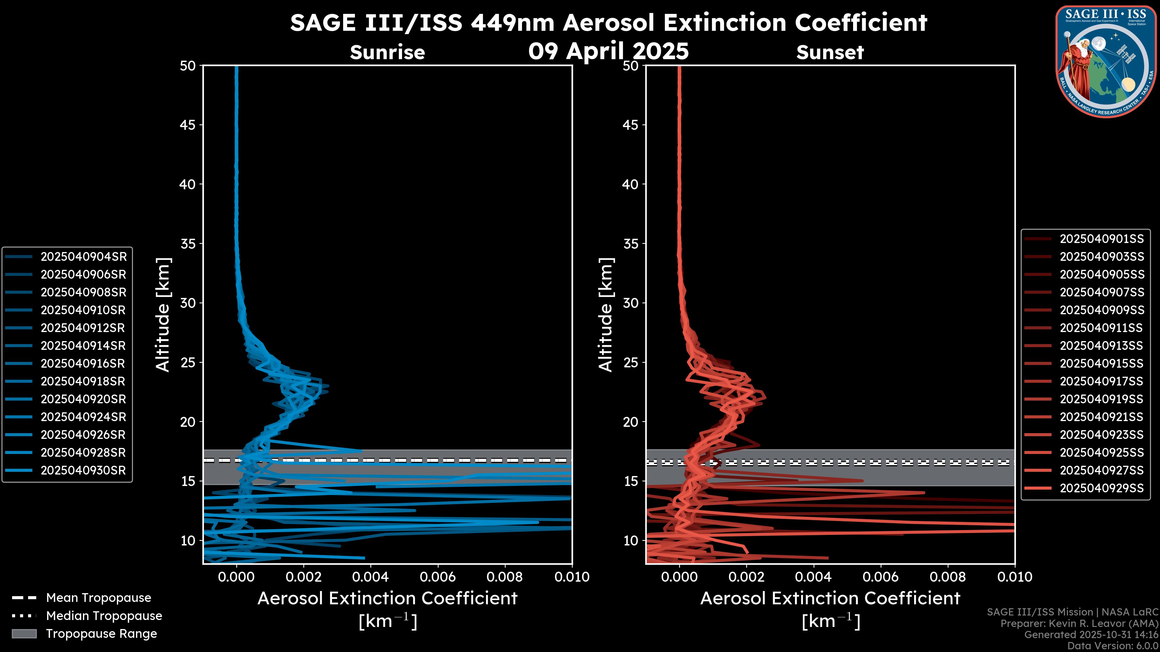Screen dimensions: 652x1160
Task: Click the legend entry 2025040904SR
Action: [84, 257]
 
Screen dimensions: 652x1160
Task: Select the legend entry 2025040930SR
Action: [84, 470]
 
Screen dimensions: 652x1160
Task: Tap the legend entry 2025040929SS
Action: [1101, 488]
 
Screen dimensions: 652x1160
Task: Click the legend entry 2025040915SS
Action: [1101, 363]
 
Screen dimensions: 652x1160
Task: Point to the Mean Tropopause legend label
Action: [98, 598]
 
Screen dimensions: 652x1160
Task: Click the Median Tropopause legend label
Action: [104, 615]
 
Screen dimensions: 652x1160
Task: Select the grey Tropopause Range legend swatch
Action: [24, 634]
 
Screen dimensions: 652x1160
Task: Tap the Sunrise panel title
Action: [387, 53]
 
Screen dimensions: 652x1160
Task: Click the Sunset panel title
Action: [830, 53]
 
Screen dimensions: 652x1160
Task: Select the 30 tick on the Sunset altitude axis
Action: [630, 303]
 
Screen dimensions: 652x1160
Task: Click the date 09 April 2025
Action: [608, 51]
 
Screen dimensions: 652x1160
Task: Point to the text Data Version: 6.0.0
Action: [1112, 646]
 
